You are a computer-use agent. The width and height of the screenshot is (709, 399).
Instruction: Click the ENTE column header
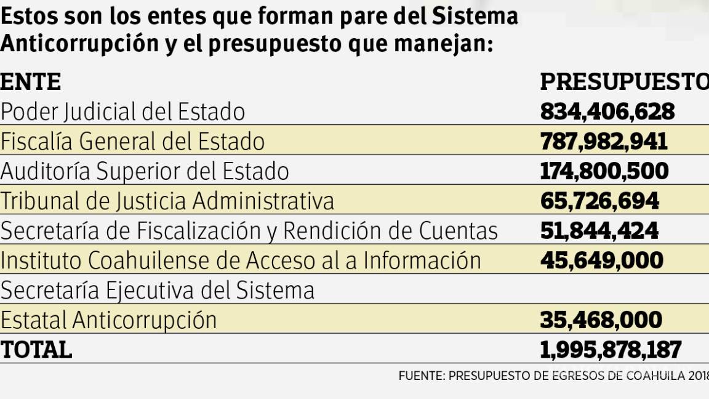pyautogui.click(x=31, y=82)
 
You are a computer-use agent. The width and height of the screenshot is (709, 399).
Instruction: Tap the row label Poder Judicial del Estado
pyautogui.click(x=122, y=111)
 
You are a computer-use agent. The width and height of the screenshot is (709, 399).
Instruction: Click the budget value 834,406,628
pyautogui.click(x=607, y=111)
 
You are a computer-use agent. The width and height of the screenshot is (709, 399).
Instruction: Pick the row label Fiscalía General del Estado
pyautogui.click(x=132, y=142)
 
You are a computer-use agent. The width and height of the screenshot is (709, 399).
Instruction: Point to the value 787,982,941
pyautogui.click(x=603, y=142)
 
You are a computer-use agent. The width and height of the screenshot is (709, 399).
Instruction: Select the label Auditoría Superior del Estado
pyautogui.click(x=145, y=171)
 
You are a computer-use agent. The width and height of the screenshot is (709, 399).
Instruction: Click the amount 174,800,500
pyautogui.click(x=604, y=171)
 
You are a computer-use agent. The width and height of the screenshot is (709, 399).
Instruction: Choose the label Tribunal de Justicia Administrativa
pyautogui.click(x=167, y=201)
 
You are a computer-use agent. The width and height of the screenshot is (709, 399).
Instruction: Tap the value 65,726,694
pyautogui.click(x=599, y=201)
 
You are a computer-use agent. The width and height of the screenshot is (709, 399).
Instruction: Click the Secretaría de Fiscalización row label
pyautogui.click(x=249, y=231)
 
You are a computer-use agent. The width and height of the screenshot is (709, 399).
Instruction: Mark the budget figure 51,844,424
pyautogui.click(x=599, y=231)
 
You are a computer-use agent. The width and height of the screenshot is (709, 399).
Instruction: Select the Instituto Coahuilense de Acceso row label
pyautogui.click(x=241, y=260)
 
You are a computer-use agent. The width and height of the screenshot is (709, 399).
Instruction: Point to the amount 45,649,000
pyautogui.click(x=601, y=260)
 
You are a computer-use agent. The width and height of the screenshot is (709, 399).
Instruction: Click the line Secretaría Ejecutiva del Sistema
pyautogui.click(x=158, y=290)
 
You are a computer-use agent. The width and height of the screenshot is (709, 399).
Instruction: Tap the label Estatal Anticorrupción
pyautogui.click(x=108, y=320)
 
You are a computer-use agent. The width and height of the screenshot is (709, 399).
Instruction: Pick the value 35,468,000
pyautogui.click(x=601, y=320)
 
